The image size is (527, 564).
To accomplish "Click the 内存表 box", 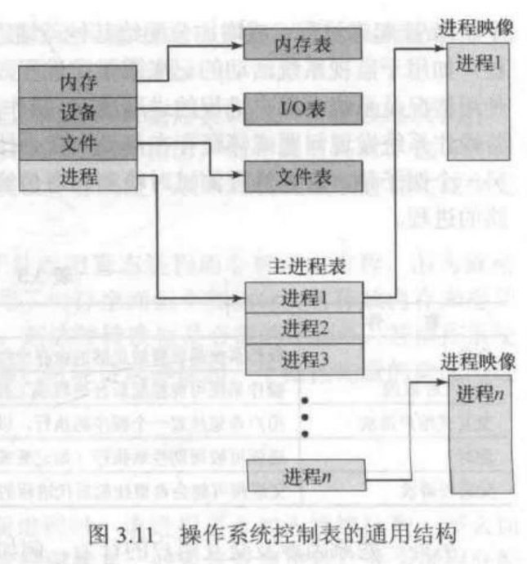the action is point(303,44).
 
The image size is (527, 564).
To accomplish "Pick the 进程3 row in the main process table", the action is point(303,357).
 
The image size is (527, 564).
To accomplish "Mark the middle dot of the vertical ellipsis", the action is point(304,418).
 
